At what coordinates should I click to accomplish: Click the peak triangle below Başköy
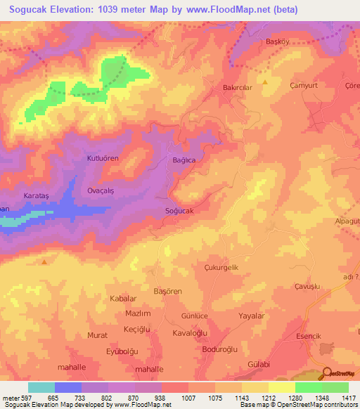click(x=266, y=82)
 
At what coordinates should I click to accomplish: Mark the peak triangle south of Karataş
click(x=44, y=262)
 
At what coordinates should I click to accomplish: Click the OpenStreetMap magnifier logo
click(x=326, y=374)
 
